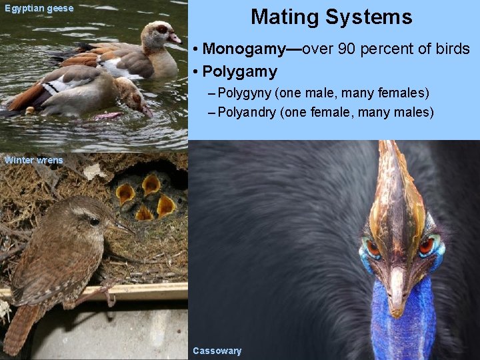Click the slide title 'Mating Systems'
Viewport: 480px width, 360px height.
(331, 17)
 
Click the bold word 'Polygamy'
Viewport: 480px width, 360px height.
(239, 71)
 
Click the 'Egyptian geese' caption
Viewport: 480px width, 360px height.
(39, 9)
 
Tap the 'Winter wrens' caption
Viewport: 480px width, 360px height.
(33, 160)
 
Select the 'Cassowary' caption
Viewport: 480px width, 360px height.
(217, 351)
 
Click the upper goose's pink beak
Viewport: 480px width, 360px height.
(175, 38)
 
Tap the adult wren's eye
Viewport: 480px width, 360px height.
(95, 221)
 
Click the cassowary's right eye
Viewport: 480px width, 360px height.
(426, 246)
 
